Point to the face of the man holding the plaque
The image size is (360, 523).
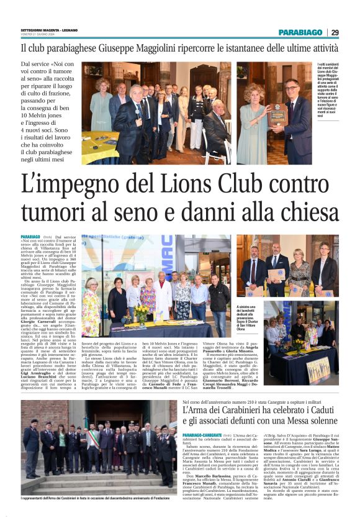[292, 88]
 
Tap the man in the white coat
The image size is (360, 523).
[163, 292]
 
